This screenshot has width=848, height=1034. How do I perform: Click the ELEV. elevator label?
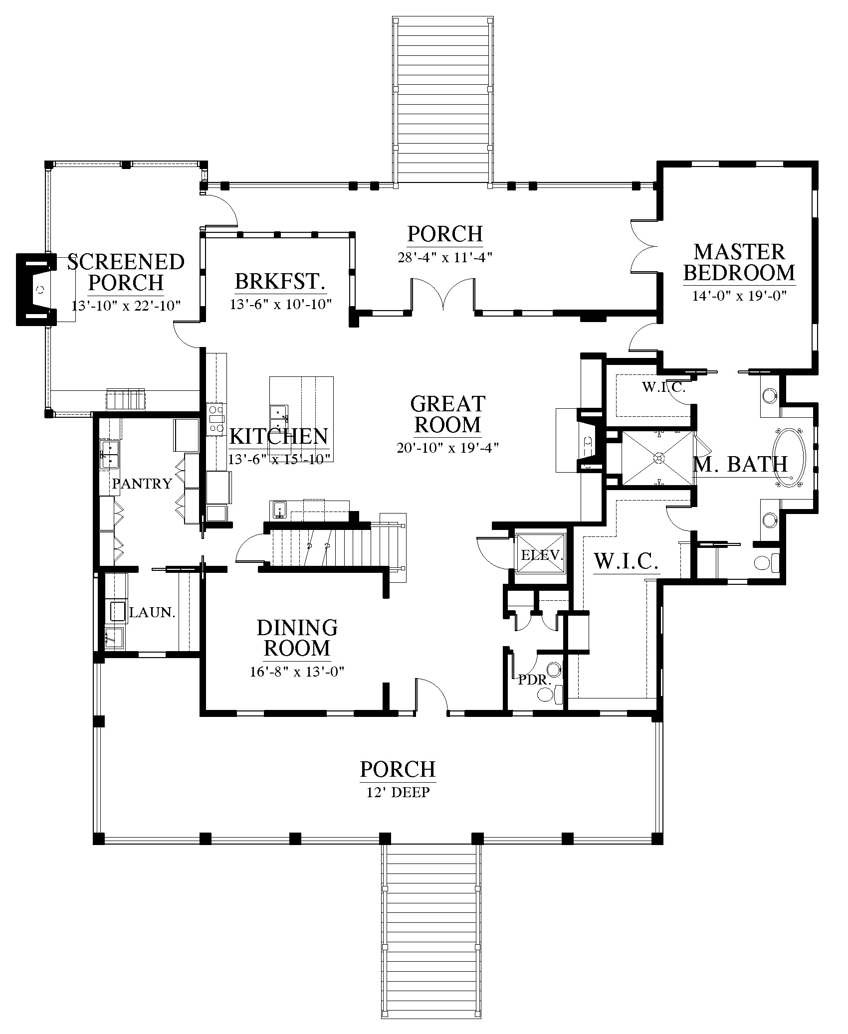click(542, 555)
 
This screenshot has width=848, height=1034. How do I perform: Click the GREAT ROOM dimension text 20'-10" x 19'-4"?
click(448, 448)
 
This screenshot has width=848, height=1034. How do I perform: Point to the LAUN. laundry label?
click(153, 612)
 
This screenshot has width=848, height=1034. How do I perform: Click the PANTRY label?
click(142, 483)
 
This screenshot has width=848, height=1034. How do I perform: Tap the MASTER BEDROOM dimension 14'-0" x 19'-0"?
click(739, 296)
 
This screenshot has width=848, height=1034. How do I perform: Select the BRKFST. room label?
click(280, 282)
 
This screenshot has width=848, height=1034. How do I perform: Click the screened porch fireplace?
click(37, 290)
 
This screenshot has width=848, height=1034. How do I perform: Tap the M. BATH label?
click(741, 464)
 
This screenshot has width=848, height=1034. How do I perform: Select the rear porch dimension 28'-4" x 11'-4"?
click(445, 258)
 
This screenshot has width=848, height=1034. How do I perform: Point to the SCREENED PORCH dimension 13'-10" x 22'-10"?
click(126, 305)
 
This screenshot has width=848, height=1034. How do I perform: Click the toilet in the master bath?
click(766, 562)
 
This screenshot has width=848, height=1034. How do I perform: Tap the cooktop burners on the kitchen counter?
click(216, 418)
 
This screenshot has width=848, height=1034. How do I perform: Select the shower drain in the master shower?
click(658, 457)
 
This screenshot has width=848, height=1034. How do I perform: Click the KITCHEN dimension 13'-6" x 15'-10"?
click(279, 459)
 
